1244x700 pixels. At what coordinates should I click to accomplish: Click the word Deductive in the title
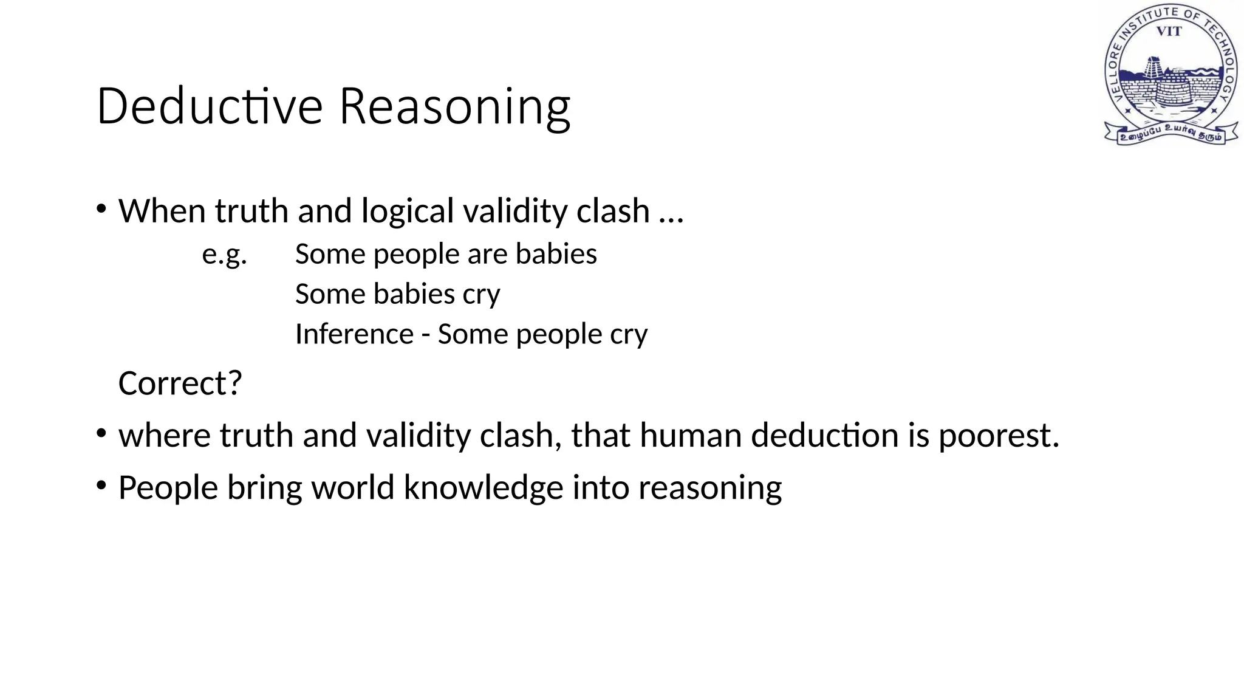coord(209,106)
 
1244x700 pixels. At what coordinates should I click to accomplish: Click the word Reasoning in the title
coord(454,108)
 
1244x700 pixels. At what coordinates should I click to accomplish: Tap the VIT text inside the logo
coord(1169,32)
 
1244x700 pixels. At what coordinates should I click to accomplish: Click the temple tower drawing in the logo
coord(1152,69)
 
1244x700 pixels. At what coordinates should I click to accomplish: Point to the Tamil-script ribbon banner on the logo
coord(1171,132)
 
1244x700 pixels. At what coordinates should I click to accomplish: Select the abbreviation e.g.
coord(224,254)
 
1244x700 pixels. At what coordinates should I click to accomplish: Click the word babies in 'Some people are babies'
coord(556,253)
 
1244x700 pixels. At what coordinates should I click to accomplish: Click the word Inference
coord(354,334)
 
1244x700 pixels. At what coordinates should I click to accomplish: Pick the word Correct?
coord(180,383)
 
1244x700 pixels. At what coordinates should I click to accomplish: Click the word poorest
coord(999,436)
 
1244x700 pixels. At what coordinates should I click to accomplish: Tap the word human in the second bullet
coord(690,436)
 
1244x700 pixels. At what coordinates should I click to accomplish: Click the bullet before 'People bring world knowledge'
coord(101,486)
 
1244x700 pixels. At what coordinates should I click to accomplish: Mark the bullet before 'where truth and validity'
coord(101,434)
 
